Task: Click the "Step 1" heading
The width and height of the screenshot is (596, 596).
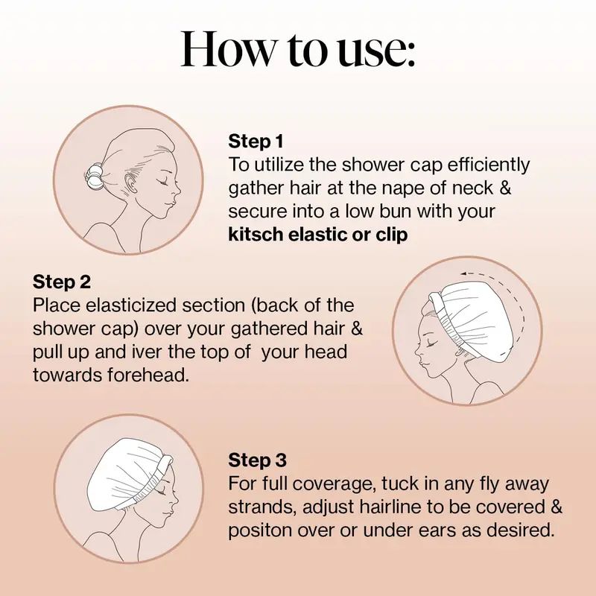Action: (x=256, y=141)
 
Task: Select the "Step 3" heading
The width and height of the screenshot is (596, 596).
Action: (x=257, y=460)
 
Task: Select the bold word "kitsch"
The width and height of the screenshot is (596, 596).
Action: (x=256, y=235)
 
